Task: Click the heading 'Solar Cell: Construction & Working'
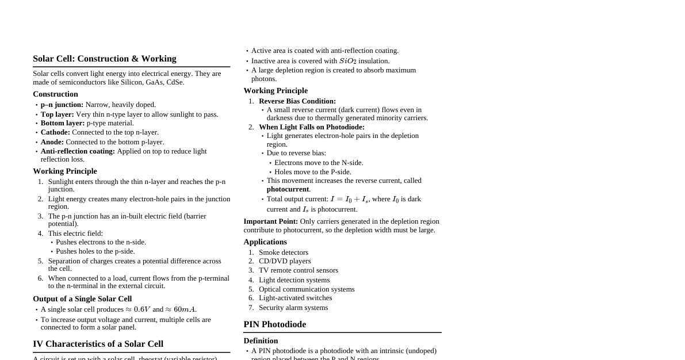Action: point(105,59)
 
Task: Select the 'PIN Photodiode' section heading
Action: point(275,324)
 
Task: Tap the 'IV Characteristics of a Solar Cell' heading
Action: point(98,344)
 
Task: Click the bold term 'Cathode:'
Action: point(55,132)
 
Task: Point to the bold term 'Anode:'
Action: point(52,142)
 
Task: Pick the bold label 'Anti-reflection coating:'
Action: point(78,151)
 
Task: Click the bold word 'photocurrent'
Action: point(288,189)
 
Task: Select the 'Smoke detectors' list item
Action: point(284,252)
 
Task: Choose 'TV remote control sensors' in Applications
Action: point(299,270)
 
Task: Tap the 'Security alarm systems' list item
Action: point(293,308)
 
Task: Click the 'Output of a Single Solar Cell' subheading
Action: point(82,299)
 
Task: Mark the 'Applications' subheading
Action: point(265,242)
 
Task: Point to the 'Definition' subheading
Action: point(261,341)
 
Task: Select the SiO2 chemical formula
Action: point(348,61)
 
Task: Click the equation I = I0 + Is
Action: point(349,199)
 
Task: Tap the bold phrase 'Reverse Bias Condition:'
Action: point(297,101)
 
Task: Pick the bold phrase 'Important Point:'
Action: point(270,221)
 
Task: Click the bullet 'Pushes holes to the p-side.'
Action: point(95,251)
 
